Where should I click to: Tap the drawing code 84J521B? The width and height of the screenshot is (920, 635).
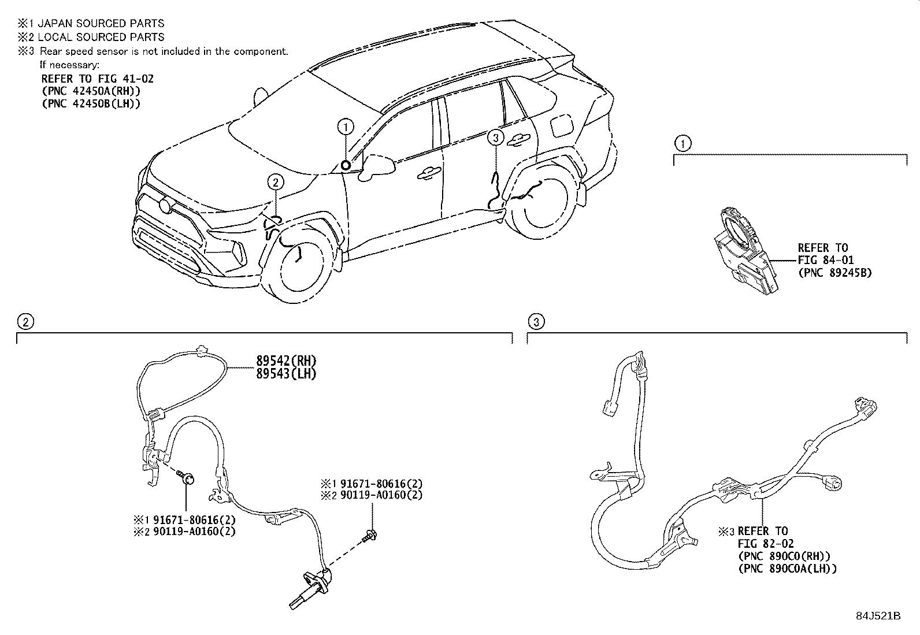878,616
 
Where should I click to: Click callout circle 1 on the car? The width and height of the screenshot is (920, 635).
345,126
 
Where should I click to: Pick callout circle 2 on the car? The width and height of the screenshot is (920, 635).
276,183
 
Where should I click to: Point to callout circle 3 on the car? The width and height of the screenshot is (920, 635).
495,138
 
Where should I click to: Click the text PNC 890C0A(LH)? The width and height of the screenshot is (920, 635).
787,569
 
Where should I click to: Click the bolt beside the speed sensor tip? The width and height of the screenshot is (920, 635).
370,535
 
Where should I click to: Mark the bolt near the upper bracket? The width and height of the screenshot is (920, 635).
187,477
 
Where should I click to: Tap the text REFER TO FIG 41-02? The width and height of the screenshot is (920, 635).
97,79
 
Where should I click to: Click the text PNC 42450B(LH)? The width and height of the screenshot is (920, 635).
91,103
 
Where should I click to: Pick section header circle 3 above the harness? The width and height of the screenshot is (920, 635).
536,322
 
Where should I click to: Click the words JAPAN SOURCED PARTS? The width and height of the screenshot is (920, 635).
101,24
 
